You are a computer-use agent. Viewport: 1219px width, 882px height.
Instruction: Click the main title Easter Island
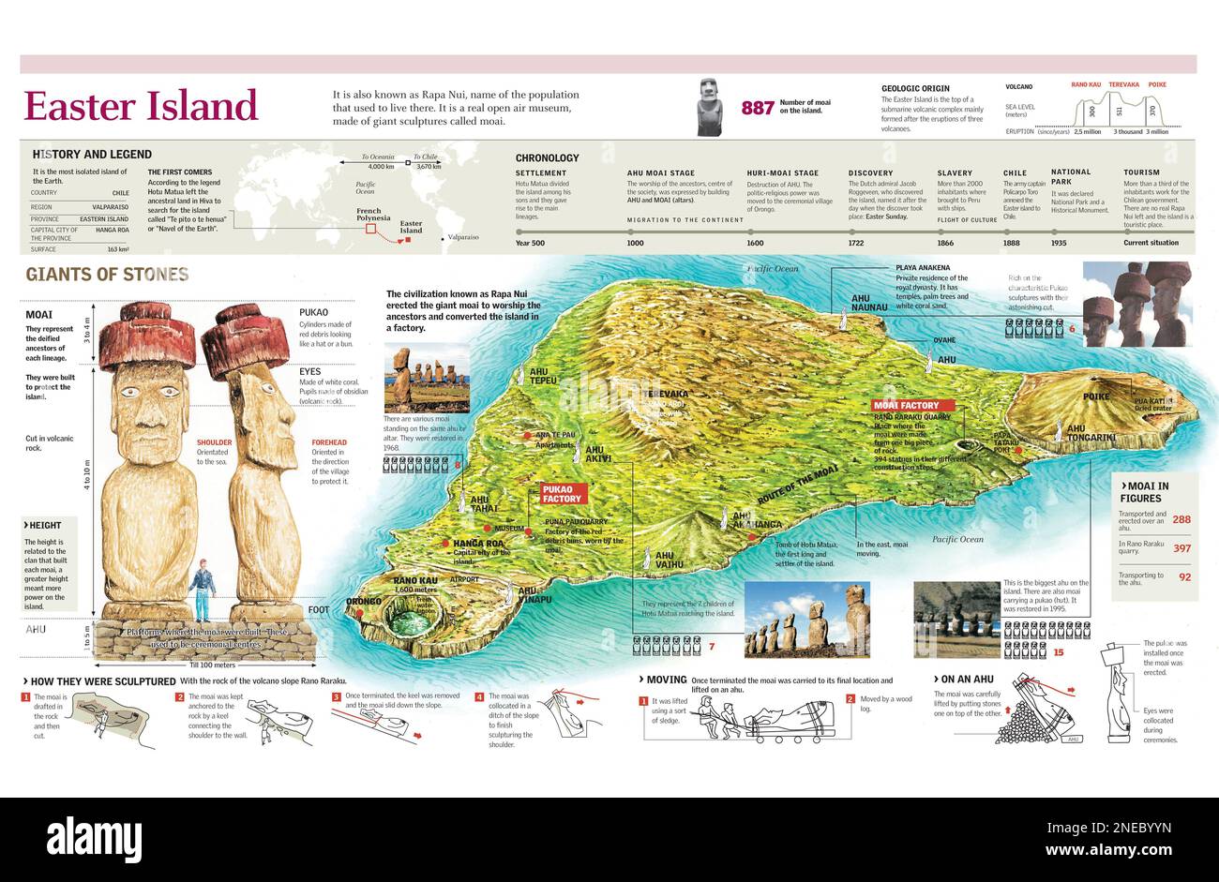[x=141, y=106]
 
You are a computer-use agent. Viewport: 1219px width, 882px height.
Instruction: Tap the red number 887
[x=758, y=108]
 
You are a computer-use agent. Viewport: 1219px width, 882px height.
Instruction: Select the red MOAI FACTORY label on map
[x=906, y=406]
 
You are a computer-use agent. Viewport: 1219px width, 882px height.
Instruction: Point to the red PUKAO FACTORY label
[x=563, y=493]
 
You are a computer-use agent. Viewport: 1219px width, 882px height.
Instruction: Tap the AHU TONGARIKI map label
[x=1091, y=433]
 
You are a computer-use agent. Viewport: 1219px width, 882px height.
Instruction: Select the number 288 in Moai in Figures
[x=1181, y=519]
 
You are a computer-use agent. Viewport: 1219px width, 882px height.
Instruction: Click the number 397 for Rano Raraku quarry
[x=1181, y=548]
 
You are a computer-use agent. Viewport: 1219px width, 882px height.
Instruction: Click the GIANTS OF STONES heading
[x=107, y=275]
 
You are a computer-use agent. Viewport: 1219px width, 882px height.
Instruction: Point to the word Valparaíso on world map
[x=463, y=237]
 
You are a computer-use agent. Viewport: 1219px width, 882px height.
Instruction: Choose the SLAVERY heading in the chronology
[x=955, y=173]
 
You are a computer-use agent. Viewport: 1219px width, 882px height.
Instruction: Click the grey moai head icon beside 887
[x=710, y=106]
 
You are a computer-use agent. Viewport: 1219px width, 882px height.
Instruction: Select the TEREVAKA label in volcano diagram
[x=1123, y=85]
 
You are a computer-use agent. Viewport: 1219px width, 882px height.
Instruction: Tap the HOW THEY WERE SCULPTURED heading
[x=103, y=681]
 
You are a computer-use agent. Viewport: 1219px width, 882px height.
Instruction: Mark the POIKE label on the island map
[x=1096, y=396]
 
